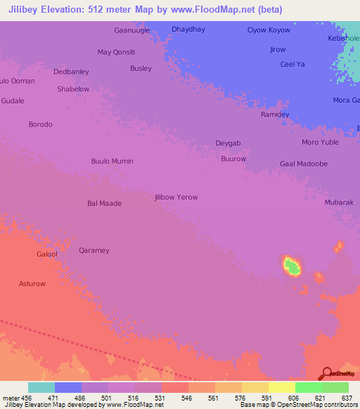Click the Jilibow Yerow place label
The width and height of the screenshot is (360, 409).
tap(176, 197)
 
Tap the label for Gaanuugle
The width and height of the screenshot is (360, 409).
tap(131, 30)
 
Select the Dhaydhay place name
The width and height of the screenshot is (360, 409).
tap(188, 30)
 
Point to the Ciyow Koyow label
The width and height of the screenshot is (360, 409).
tap(269, 30)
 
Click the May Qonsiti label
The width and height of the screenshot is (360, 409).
tap(116, 52)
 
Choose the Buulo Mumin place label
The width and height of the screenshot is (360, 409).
tap(112, 161)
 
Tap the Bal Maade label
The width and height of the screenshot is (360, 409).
tap(104, 203)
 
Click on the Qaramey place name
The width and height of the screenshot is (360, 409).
tap(94, 250)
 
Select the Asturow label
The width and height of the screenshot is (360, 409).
tap(32, 284)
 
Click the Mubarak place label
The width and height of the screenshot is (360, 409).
tap(338, 202)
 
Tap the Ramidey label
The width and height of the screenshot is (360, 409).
tap(275, 115)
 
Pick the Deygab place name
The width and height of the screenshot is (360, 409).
tap(228, 143)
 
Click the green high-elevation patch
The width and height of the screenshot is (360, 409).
tap(292, 266)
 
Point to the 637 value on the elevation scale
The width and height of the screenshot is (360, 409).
tap(346, 398)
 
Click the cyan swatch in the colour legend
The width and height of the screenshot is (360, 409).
tap(41, 387)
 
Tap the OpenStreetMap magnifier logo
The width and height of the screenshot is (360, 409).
tap(327, 373)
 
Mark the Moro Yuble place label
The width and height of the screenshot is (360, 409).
tap(320, 143)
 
